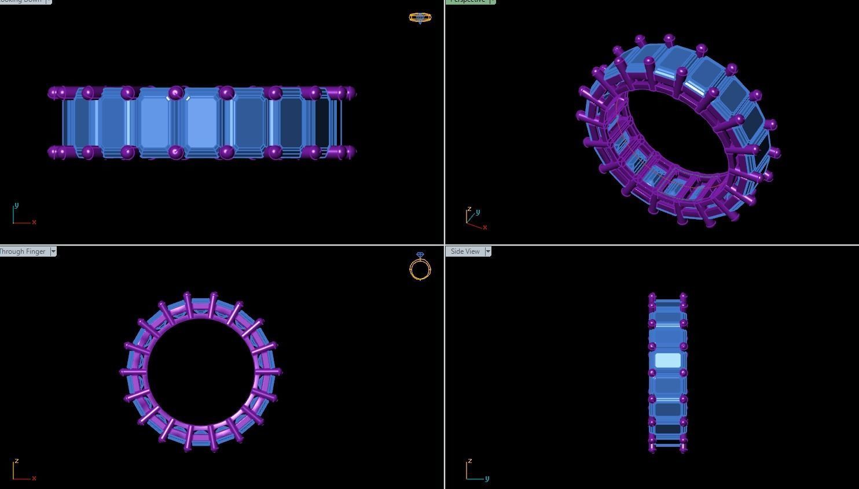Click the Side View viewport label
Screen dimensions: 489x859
465,251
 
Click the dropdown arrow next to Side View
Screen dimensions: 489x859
488,251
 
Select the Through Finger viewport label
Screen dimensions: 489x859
23,251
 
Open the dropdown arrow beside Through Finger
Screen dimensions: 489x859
53,251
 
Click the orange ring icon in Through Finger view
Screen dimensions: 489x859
420,268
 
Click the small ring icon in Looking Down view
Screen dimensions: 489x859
420,17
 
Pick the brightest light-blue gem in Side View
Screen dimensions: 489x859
667,361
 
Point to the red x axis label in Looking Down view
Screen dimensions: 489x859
34,223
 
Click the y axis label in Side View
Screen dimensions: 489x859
487,479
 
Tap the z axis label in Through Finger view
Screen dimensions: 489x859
17,461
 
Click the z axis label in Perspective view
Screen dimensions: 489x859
469,209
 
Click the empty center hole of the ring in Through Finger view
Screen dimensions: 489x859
200,372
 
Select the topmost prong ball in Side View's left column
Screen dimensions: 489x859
652,297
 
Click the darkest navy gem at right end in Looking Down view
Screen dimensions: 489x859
322,123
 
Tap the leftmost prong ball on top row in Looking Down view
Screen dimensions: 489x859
53,92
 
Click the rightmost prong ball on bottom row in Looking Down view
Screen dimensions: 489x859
351,152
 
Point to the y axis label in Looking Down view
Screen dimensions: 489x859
16,205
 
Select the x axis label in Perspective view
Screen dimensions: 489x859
484,227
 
